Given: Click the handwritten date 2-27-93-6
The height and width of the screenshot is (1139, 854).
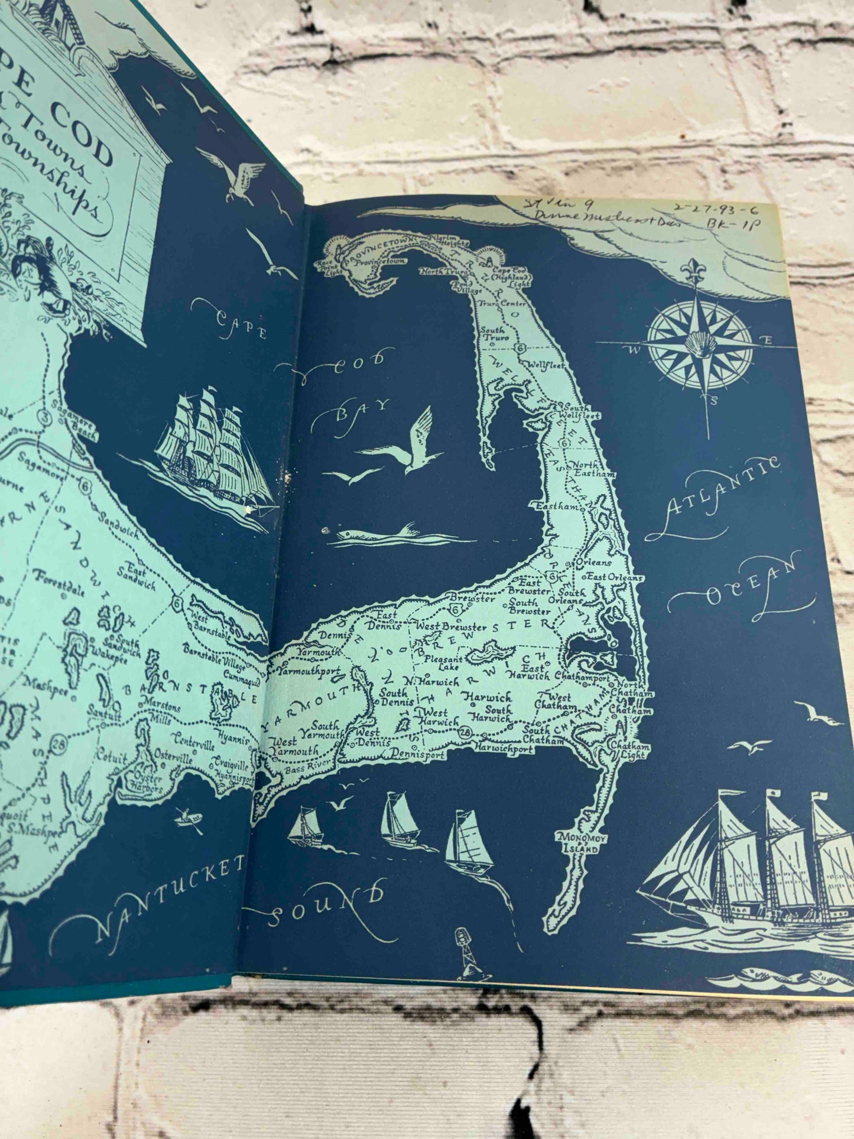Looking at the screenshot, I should pyautogui.click(x=716, y=210).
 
